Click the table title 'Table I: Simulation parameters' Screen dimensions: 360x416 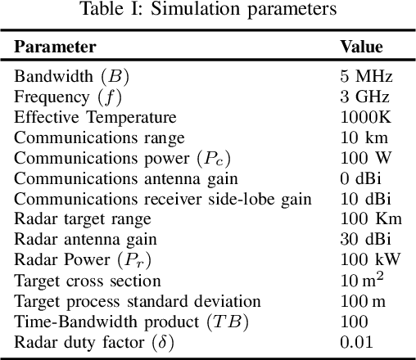click(208, 11)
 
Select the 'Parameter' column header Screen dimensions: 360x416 click(55, 47)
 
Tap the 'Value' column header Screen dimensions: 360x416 click(361, 47)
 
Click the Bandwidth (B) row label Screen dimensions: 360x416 click(71, 77)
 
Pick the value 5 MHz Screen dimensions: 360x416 click(367, 77)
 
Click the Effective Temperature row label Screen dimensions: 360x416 click(95, 118)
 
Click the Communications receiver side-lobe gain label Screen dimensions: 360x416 click(162, 200)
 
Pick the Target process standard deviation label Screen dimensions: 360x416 click(137, 302)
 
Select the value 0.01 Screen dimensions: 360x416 click(357, 343)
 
